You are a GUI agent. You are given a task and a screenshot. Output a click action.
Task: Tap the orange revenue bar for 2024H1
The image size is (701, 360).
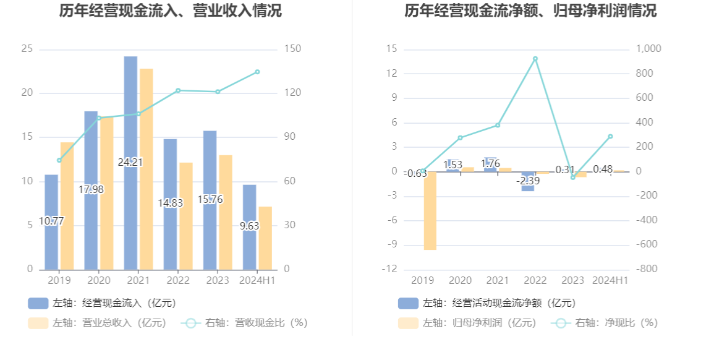(265, 238)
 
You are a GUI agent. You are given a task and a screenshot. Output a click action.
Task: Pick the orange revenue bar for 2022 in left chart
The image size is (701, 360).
(186, 216)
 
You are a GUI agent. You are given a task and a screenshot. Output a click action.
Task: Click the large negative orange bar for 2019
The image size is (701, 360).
(430, 210)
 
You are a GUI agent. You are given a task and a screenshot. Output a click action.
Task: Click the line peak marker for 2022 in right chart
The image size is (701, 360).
(535, 59)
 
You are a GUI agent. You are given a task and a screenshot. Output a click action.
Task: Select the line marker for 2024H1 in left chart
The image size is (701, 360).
(257, 72)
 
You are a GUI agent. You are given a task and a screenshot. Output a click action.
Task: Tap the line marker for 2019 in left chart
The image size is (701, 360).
(59, 160)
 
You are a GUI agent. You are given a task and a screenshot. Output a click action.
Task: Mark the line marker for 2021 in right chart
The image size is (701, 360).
(498, 125)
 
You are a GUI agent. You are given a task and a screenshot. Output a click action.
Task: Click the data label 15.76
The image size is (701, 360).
(210, 200)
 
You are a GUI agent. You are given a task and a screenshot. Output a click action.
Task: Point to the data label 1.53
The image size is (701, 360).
(453, 165)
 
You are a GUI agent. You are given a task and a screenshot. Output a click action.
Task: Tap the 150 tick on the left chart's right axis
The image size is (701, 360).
(292, 49)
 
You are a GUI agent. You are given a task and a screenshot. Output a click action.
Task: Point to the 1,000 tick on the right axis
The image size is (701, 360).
(648, 49)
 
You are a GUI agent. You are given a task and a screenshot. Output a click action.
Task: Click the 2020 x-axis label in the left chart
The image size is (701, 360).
(99, 281)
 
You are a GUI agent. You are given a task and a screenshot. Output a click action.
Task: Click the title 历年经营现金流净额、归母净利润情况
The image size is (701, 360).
(530, 11)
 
